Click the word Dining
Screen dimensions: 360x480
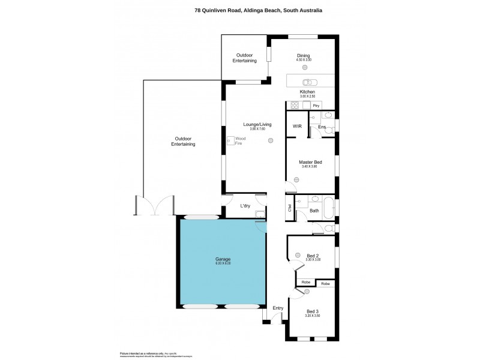pyautogui.click(x=303, y=55)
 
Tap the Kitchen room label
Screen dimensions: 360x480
pyautogui.click(x=307, y=92)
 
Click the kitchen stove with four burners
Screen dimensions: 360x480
pyautogui.click(x=295, y=105)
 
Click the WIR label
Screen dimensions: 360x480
pyautogui.click(x=296, y=127)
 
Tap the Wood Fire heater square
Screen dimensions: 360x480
pyautogui.click(x=231, y=141)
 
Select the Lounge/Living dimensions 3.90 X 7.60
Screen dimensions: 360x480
pyautogui.click(x=257, y=129)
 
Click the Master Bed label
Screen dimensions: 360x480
pyautogui.click(x=311, y=162)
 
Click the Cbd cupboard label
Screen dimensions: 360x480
pyautogui.click(x=289, y=208)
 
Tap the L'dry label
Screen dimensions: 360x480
pyautogui.click(x=245, y=206)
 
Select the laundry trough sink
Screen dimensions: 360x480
pyautogui.click(x=260, y=214)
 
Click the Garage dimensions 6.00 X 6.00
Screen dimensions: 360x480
pyautogui.click(x=223, y=263)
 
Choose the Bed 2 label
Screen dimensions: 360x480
pyautogui.click(x=313, y=256)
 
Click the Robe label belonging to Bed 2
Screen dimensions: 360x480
pyautogui.click(x=305, y=283)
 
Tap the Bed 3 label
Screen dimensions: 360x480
pyautogui.click(x=313, y=311)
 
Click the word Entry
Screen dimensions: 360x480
pyautogui.click(x=278, y=308)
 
